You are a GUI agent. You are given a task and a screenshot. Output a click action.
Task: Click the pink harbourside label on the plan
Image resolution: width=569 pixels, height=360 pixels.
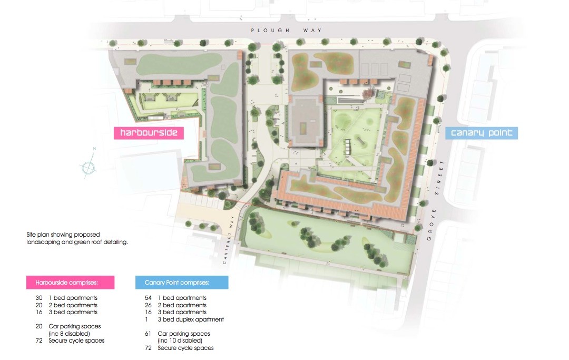[x=149, y=133]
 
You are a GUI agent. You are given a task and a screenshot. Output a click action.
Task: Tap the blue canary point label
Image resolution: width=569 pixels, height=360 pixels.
[x=481, y=133]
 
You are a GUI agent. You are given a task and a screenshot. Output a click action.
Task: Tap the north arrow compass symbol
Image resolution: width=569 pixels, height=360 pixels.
[x=89, y=166]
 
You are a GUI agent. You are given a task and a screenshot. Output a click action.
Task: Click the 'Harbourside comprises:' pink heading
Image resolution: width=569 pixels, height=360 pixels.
[x=70, y=283]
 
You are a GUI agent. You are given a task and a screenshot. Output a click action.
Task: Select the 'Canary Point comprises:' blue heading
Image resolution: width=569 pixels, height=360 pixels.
[x=181, y=283]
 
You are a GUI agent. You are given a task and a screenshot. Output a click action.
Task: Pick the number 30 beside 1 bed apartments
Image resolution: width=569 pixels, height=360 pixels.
[x=38, y=298]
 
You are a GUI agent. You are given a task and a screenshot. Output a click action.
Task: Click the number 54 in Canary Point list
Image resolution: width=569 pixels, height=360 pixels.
[x=148, y=298]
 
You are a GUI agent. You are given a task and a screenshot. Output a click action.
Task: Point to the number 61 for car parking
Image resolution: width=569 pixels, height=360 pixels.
[x=148, y=334]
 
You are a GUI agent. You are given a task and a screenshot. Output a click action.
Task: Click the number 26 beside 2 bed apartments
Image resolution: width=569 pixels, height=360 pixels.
[x=148, y=305]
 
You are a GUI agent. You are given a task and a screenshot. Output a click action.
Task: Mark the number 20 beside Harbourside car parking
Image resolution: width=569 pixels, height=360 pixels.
[x=38, y=326]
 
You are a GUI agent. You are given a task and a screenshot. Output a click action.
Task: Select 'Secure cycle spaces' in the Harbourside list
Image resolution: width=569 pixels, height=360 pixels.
[x=77, y=340]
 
